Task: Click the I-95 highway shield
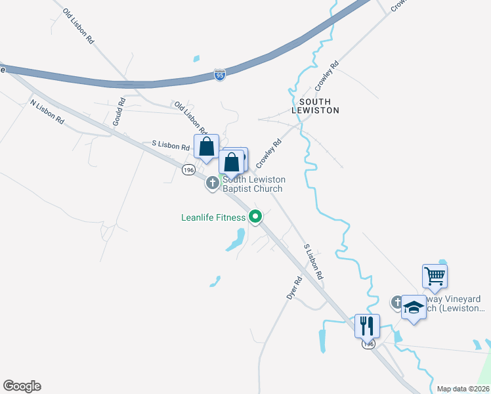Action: [x=220, y=75]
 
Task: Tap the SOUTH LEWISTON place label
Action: [x=319, y=106]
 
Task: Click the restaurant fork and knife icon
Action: [x=367, y=324]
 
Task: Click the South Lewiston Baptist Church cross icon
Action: [x=213, y=183]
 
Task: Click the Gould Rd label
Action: [x=119, y=112]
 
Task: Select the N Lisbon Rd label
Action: [x=47, y=112]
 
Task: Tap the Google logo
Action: [x=22, y=386]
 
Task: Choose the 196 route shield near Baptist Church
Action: [x=189, y=170]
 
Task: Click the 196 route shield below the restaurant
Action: [x=370, y=344]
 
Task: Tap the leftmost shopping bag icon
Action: [x=206, y=146]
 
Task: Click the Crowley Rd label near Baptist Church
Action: [x=270, y=152]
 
